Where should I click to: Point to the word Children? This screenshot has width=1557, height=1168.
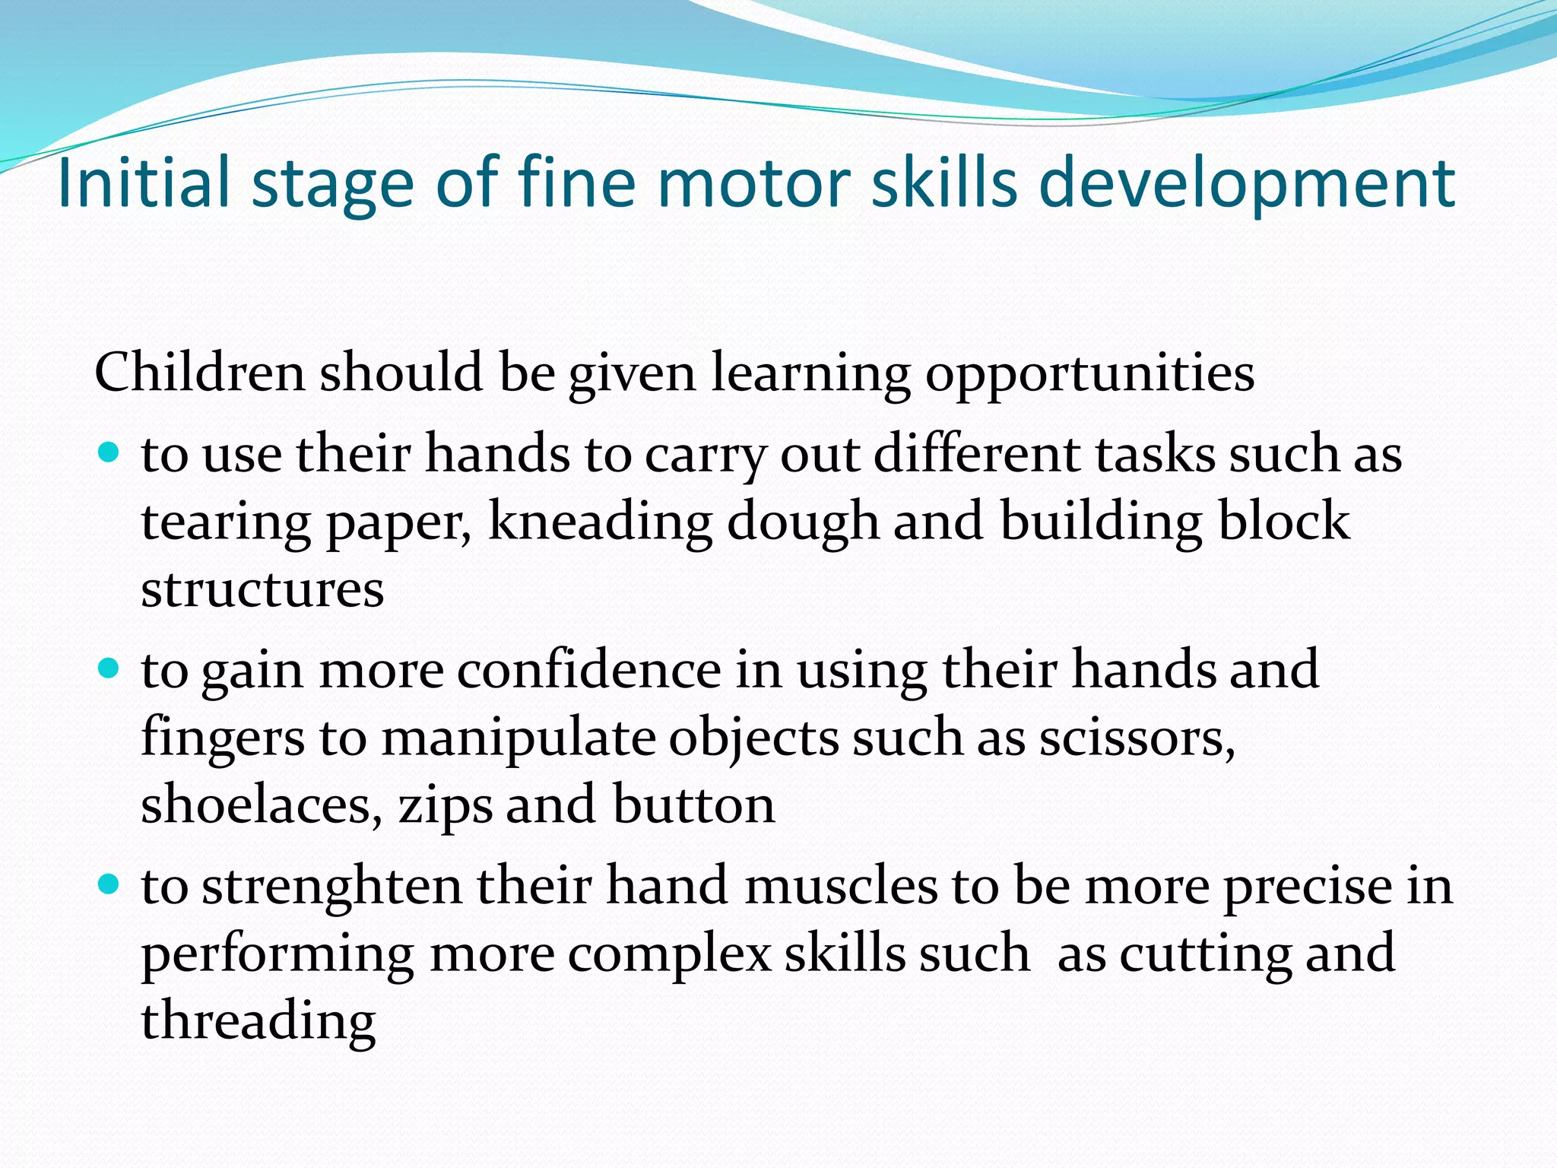tap(199, 373)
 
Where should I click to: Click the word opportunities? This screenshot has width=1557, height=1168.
tap(1089, 373)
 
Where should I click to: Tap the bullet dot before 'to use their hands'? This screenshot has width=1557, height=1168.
tap(109, 453)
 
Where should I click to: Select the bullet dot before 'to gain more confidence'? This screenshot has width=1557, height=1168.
tap(109, 669)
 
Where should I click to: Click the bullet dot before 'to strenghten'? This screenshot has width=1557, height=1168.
tap(109, 884)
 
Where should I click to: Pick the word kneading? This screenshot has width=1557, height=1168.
tap(601, 522)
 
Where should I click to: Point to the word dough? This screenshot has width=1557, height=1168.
tap(803, 522)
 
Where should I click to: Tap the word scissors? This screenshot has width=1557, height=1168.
tap(1137, 738)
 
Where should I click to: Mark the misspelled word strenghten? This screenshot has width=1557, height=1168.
tap(332, 886)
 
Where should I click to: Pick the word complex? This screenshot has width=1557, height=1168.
tap(670, 954)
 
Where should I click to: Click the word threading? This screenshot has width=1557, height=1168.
tap(258, 1021)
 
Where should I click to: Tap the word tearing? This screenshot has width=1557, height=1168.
tap(226, 522)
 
